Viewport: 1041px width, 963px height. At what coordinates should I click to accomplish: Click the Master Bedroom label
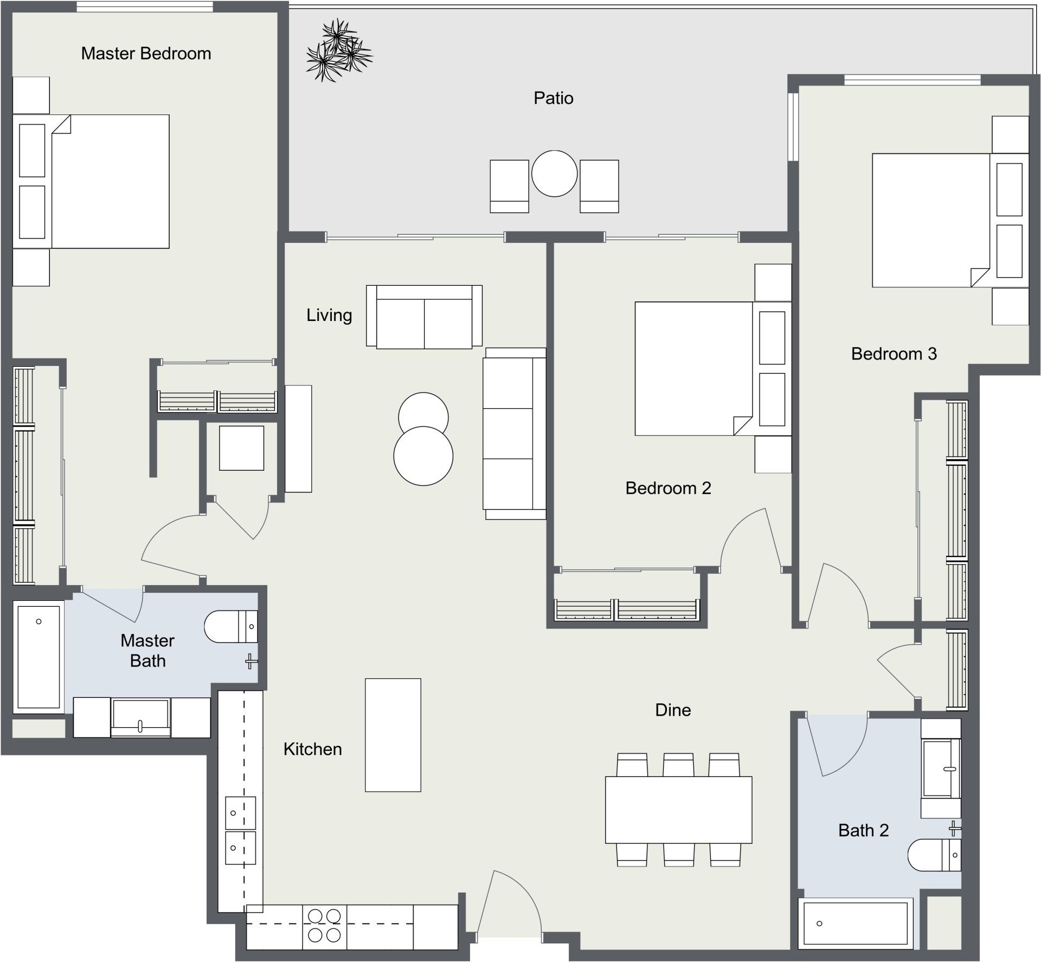[x=146, y=54]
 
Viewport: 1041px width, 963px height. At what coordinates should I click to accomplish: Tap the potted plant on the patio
[x=339, y=52]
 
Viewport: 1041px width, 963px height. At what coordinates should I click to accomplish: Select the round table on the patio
[x=554, y=174]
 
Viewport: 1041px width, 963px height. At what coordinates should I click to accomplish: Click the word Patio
[x=553, y=98]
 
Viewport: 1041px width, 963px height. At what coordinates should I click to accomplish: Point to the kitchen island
[x=393, y=735]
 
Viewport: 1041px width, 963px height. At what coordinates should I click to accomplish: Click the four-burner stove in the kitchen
[x=324, y=925]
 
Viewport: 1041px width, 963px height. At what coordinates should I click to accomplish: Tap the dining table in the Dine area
[x=678, y=810]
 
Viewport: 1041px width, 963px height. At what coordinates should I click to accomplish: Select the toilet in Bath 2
[x=934, y=855]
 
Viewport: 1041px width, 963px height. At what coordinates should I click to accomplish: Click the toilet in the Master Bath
[x=230, y=626]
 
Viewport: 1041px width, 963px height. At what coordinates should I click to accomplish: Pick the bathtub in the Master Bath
[x=38, y=657]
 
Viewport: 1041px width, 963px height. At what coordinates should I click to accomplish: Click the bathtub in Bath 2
[x=855, y=923]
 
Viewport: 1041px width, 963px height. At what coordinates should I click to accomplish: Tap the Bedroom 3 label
[x=894, y=354]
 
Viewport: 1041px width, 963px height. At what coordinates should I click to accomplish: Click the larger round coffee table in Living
[x=423, y=456]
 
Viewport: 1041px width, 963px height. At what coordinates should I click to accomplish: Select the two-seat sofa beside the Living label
[x=424, y=317]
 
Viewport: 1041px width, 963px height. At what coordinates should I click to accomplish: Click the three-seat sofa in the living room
[x=514, y=434]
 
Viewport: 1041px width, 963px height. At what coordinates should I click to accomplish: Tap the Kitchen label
[x=312, y=749]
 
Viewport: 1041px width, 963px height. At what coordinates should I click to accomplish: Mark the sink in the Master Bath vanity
[x=140, y=717]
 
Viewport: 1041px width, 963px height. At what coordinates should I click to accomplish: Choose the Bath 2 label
[x=863, y=830]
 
